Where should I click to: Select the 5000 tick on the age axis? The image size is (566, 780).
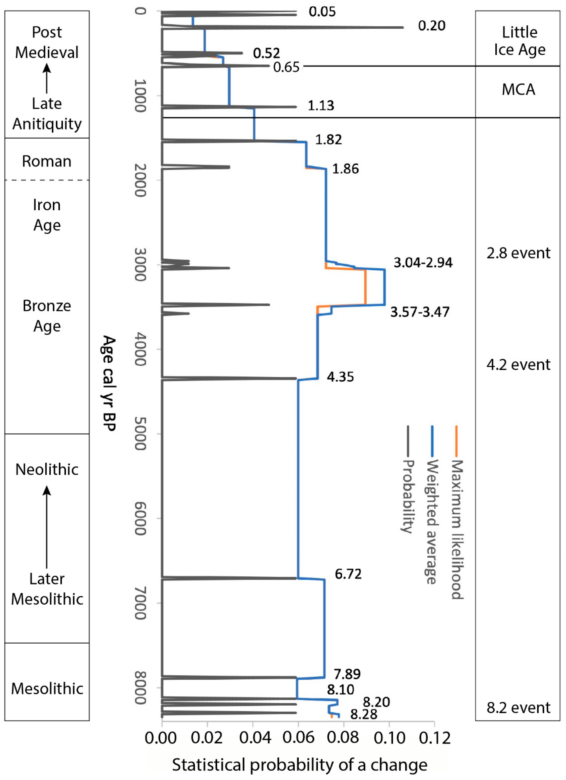[140, 434]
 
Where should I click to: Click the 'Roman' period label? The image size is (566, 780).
[47, 161]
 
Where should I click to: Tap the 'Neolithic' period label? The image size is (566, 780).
[47, 469]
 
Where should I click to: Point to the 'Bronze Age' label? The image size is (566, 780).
[47, 316]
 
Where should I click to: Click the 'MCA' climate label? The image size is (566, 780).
[518, 90]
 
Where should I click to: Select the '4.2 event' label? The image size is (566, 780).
[518, 365]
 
